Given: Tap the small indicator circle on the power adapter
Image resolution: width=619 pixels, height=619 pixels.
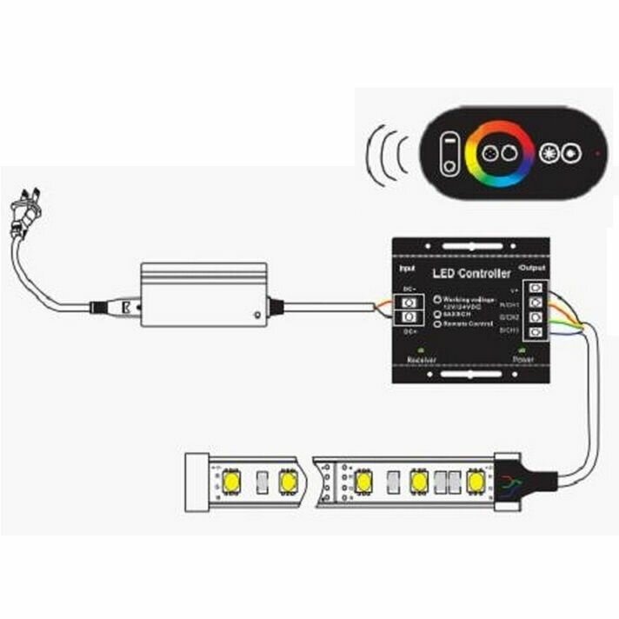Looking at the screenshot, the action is pos(256,314).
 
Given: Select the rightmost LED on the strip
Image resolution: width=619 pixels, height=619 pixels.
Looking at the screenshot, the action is pos(475,479).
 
